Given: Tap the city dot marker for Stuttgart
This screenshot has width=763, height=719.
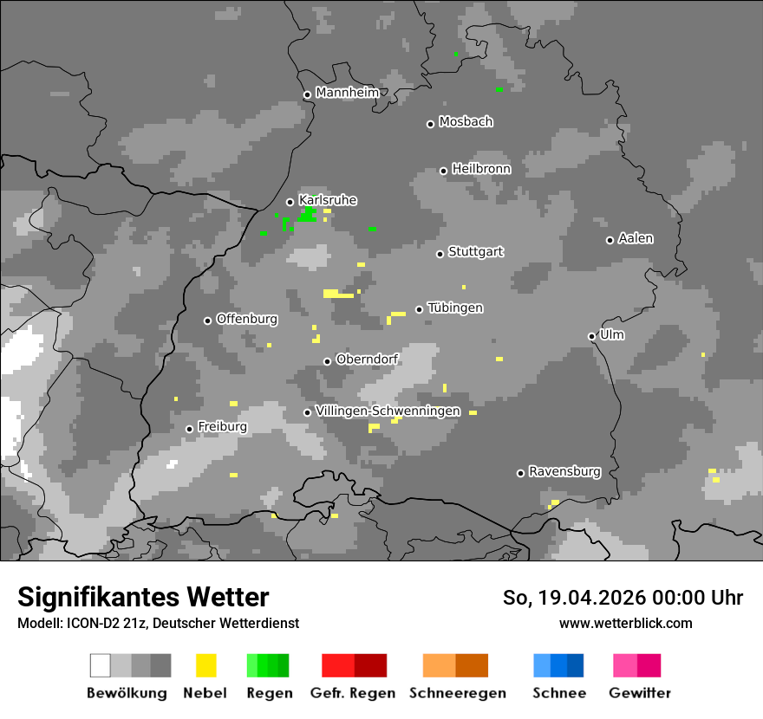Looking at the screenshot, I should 440,254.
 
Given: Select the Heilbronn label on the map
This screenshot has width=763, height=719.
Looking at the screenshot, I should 481,169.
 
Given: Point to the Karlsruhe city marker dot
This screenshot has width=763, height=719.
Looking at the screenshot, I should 290,202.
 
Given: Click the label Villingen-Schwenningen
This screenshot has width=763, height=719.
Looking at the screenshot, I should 388,411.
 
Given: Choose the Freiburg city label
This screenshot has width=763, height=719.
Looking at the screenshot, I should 222,427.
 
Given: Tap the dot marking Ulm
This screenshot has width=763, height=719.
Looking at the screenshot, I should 591,336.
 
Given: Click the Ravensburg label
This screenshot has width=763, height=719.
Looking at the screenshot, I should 564,472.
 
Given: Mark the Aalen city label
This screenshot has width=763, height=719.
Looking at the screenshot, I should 636,238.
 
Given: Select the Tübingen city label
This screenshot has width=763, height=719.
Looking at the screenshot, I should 455,308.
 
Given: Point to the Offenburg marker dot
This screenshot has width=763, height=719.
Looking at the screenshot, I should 207,321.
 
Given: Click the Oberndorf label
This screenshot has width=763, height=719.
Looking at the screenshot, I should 367,359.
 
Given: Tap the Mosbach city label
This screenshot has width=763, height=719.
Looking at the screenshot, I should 466,122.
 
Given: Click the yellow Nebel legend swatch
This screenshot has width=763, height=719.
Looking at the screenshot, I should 205,665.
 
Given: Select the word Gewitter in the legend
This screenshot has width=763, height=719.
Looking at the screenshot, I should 639,693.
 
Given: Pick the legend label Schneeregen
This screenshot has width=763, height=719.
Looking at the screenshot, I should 458,693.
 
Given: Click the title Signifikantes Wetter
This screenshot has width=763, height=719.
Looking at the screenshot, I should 143,598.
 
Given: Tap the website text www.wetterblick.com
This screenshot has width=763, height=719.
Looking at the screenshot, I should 625,623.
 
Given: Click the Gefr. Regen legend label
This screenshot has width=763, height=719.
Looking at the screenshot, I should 353,693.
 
